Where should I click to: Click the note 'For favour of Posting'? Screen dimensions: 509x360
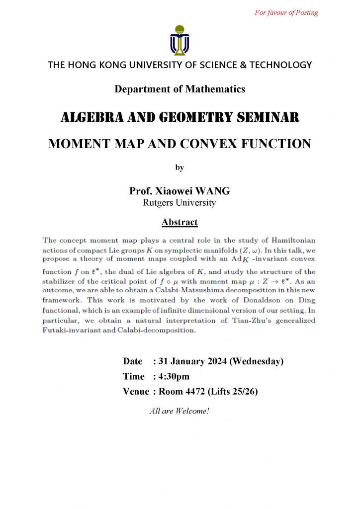286,12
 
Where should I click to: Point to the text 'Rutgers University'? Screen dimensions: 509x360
180,202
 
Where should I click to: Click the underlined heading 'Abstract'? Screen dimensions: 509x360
180,222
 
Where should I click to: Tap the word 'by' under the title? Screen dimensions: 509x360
180,168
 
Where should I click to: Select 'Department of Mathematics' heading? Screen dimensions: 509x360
180,89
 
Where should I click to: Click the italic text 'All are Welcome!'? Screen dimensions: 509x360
180,411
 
